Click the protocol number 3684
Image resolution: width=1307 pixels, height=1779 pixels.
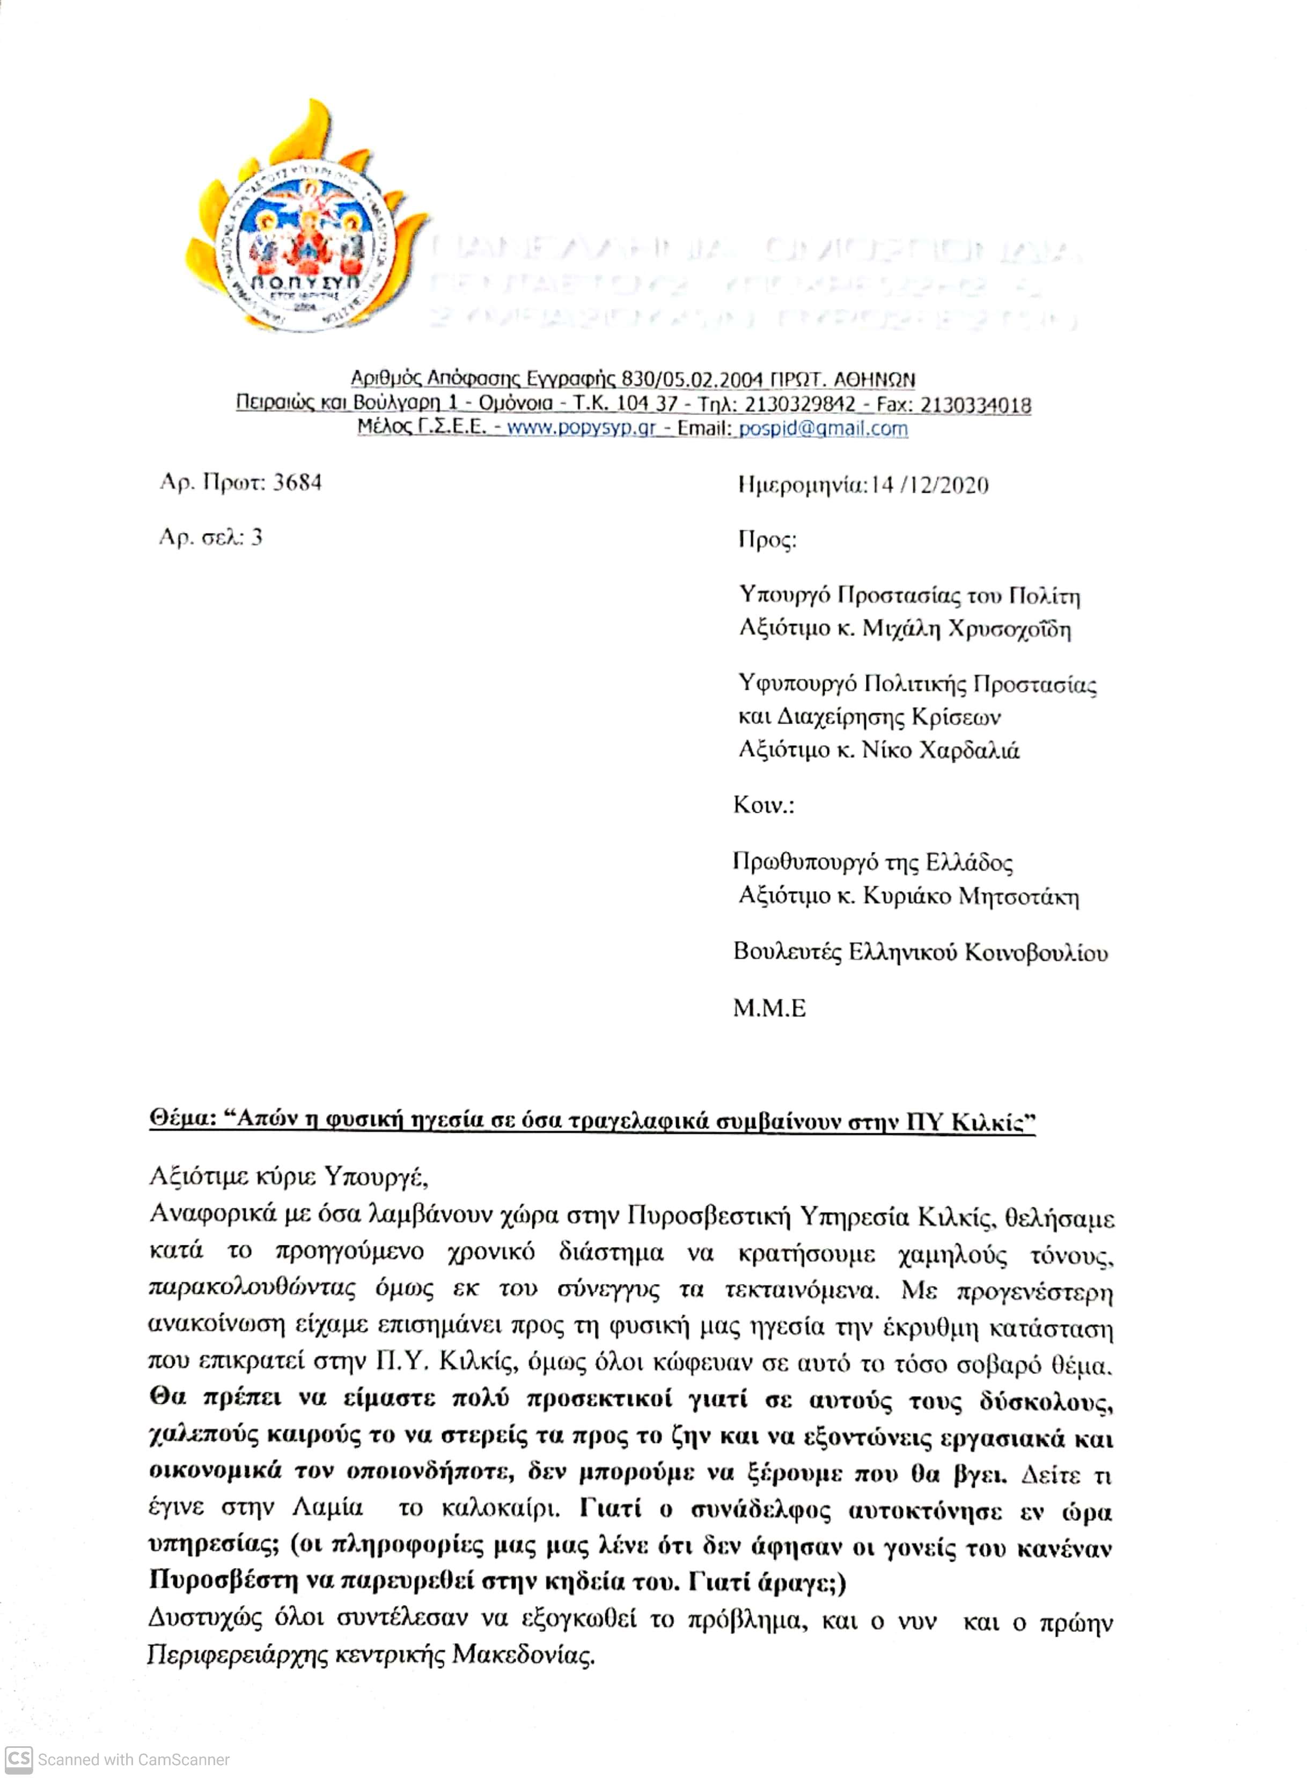(x=297, y=483)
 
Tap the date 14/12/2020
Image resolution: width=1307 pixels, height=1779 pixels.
(x=930, y=485)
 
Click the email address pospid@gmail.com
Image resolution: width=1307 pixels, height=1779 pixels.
(x=823, y=429)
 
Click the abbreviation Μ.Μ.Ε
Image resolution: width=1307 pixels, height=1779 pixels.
(x=769, y=1008)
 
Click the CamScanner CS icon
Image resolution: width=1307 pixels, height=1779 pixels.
(x=19, y=1759)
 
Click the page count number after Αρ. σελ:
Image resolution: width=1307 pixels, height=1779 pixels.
(x=256, y=537)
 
